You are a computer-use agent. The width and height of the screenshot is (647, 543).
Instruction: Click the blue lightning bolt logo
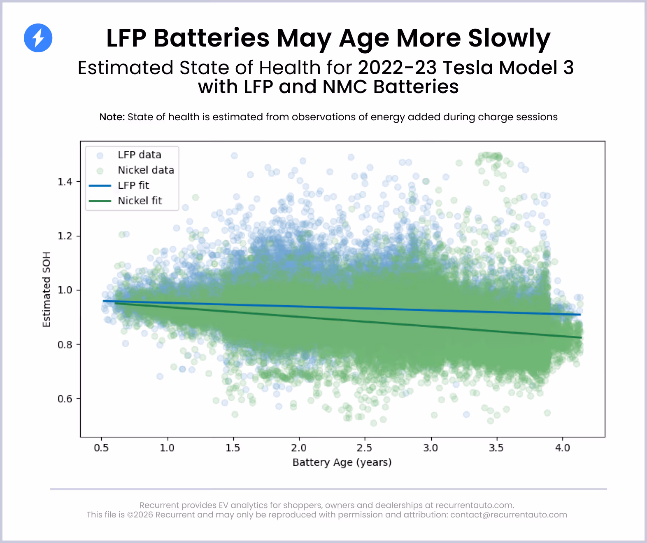pyautogui.click(x=38, y=38)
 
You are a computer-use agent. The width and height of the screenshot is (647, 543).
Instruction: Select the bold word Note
pyautogui.click(x=112, y=117)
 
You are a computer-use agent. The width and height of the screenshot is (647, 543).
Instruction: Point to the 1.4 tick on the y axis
pyautogui.click(x=65, y=182)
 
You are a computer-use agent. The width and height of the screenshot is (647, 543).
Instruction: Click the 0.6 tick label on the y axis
pyautogui.click(x=65, y=399)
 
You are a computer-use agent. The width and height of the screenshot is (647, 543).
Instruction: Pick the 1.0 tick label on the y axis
pyautogui.click(x=65, y=290)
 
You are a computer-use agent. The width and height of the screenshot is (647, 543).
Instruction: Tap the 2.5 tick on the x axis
pyautogui.click(x=365, y=447)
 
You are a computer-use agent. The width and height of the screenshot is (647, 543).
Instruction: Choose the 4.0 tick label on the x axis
pyautogui.click(x=562, y=447)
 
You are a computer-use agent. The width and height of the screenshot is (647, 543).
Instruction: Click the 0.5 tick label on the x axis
pyautogui.click(x=101, y=447)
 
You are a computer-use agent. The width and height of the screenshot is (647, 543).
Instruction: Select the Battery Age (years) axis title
pyautogui.click(x=342, y=462)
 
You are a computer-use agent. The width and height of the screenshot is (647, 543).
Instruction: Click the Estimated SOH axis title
pyautogui.click(x=47, y=289)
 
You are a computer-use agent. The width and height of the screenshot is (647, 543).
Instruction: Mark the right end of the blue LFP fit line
pyautogui.click(x=580, y=314)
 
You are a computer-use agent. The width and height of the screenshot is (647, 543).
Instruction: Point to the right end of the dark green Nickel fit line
pyautogui.click(x=581, y=337)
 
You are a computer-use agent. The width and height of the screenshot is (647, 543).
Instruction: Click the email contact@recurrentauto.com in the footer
pyautogui.click(x=508, y=515)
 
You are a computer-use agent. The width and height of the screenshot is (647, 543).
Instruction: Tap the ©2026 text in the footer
pyautogui.click(x=140, y=515)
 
